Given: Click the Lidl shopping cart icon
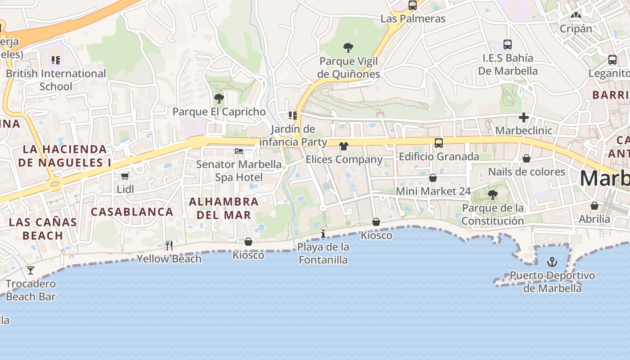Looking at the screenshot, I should [x=125, y=176].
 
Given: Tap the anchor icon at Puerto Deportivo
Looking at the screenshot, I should [x=552, y=261].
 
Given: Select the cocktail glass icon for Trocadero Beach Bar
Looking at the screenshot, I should [x=31, y=270].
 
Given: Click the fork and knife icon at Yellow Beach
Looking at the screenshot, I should [x=169, y=245].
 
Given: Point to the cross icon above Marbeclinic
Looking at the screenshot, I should [x=523, y=117].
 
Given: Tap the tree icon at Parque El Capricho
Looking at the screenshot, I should [x=219, y=98].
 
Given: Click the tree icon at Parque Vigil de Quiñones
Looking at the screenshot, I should [x=348, y=47].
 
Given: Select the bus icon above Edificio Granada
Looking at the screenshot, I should [x=439, y=143].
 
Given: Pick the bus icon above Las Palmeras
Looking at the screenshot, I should [x=413, y=5].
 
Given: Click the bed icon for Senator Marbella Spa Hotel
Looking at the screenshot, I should [x=239, y=151].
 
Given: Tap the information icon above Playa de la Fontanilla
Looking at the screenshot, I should [x=323, y=234].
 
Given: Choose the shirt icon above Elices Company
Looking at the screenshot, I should [x=344, y=146].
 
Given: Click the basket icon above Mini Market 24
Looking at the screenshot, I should [x=433, y=178].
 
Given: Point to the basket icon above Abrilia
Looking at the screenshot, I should [x=594, y=206].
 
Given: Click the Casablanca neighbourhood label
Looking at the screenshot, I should [x=132, y=211].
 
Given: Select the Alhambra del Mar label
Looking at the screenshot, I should [x=224, y=208].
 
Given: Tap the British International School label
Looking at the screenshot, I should [x=56, y=80].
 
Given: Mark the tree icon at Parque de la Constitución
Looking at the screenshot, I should [x=493, y=195].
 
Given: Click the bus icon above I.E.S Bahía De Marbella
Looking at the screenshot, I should [x=508, y=45].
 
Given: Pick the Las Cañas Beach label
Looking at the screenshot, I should [x=43, y=229].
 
